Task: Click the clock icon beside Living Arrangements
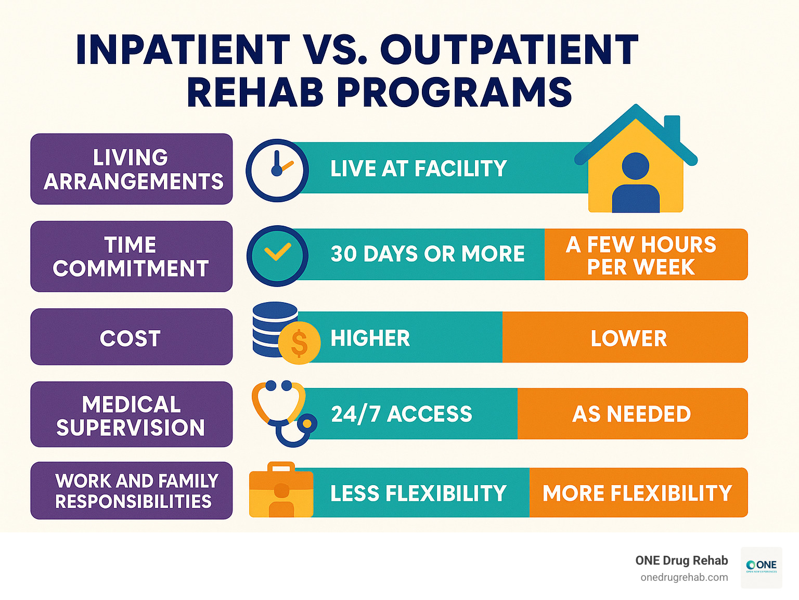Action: pos(277,170)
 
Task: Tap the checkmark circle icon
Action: pos(277,255)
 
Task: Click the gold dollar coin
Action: pos(299,343)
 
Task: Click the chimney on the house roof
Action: pos(672,128)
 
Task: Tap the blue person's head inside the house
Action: pos(635,166)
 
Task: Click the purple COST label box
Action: pos(131,337)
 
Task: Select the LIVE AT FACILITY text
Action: pos(418,168)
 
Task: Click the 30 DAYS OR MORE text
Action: pos(428,254)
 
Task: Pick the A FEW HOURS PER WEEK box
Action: pos(645,255)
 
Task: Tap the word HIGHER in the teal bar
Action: pos(370,338)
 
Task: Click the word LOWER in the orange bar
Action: pos(628,338)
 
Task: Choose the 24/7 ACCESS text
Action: pos(402,414)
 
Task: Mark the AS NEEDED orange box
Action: pos(632,414)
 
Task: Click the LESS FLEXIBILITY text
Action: pos(418,493)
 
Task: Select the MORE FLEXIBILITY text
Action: pos(637,493)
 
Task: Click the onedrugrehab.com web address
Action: pos(684,577)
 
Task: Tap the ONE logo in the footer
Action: pos(761,567)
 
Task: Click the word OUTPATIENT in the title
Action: pos(509,50)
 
